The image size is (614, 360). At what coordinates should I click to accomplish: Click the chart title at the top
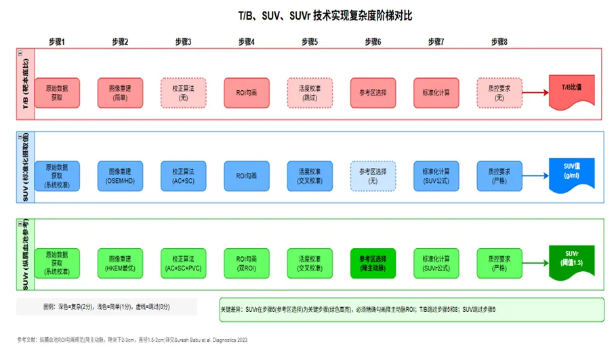click(306, 16)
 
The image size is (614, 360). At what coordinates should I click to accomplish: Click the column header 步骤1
click(57, 42)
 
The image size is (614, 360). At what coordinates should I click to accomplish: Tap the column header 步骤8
click(499, 42)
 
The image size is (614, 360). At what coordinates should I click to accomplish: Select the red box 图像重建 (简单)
click(120, 93)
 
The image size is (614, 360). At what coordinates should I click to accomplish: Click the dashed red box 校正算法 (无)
click(183, 93)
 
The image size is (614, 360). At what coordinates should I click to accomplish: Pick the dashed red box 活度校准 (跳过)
click(310, 93)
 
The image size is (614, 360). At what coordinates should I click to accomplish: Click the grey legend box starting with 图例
click(106, 307)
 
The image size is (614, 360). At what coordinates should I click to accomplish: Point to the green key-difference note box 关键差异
click(411, 309)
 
